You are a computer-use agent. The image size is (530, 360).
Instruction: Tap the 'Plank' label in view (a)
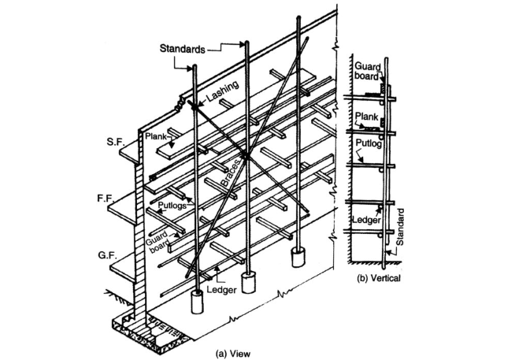pos(154,136)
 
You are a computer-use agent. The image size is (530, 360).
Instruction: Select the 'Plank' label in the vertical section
pos(367,115)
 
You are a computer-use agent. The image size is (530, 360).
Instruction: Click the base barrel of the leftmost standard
pos(198,302)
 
